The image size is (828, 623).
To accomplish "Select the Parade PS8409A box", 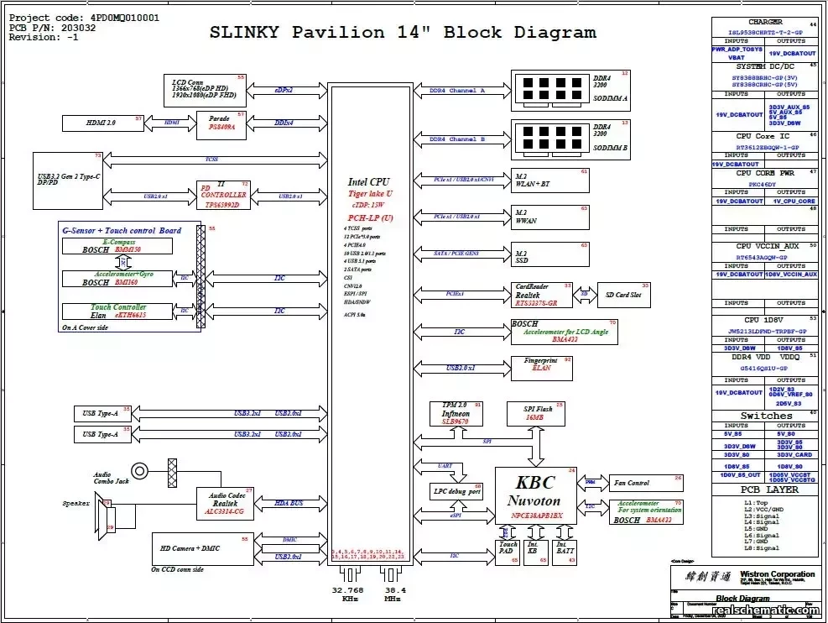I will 222,123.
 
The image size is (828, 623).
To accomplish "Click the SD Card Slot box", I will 622,295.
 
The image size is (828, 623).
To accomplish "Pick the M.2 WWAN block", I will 550,217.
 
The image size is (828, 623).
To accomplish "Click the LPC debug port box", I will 456,491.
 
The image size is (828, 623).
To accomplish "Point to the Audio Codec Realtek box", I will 225,503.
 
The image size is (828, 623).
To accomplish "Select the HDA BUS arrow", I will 290,503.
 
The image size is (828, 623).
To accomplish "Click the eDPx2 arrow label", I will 284,90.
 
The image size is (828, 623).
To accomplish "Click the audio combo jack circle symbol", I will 139,472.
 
